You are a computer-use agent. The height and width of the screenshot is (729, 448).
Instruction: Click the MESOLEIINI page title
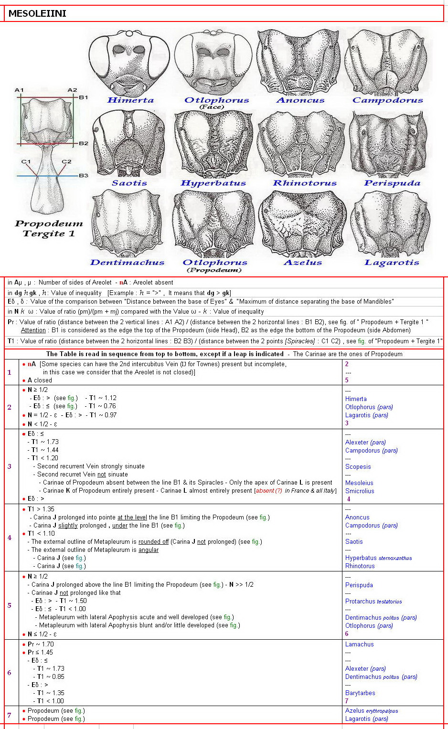37,13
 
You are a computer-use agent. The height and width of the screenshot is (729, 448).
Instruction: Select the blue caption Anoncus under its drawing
300,100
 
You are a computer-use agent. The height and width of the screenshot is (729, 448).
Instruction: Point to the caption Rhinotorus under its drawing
305,183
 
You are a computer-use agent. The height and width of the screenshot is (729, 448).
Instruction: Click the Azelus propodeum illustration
302,223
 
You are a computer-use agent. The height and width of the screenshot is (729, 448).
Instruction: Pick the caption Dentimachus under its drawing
127,263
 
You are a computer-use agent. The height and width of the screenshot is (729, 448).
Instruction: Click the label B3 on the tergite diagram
84,176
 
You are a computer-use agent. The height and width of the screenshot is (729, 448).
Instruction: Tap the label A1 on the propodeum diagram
19,90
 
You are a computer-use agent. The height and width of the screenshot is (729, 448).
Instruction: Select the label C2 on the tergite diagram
66,162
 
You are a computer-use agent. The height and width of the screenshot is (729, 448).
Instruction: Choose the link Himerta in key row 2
356,399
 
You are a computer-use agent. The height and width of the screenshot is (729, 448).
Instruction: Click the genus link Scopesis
358,467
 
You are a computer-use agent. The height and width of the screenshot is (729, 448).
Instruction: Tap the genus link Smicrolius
360,491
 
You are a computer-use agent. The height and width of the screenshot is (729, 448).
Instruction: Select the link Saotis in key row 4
354,542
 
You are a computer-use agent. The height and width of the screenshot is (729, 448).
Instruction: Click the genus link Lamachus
359,644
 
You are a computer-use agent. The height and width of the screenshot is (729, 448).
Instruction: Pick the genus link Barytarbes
360,693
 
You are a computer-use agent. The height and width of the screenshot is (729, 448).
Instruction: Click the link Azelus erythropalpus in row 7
371,711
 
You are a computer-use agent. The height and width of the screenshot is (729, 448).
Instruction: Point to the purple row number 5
9,605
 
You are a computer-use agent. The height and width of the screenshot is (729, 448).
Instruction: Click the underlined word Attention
33,330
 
